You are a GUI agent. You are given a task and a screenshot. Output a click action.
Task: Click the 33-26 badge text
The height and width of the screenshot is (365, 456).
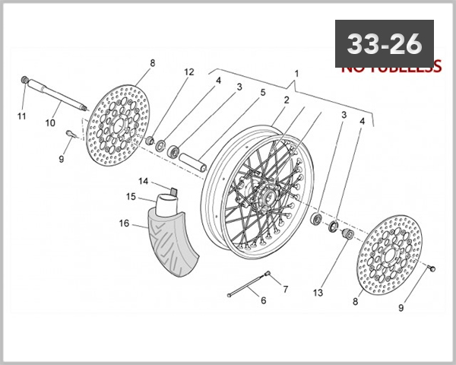(384, 44)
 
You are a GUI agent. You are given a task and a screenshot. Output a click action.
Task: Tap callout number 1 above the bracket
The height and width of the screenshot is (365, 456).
(296, 74)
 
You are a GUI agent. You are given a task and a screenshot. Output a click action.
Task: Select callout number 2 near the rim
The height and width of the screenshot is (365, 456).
(287, 100)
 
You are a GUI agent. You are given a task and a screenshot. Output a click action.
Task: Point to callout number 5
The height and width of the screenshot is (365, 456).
(263, 93)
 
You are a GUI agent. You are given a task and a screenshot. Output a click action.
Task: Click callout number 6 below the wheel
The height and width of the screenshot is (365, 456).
(263, 300)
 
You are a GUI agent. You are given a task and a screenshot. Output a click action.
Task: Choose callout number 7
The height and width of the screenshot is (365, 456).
(286, 289)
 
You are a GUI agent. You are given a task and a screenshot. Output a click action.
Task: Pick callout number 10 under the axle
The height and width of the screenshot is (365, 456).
(50, 122)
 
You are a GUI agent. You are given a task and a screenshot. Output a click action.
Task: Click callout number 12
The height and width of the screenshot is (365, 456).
(189, 72)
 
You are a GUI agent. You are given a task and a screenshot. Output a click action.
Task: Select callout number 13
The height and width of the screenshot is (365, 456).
(318, 292)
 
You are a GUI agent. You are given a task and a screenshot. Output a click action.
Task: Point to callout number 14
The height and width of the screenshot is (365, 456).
(142, 180)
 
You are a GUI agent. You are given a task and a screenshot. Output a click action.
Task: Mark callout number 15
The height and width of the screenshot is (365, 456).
(131, 196)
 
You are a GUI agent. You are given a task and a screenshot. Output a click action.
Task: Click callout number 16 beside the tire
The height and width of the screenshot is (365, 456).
(124, 224)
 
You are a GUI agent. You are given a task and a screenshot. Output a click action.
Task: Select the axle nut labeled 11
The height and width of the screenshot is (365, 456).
(26, 79)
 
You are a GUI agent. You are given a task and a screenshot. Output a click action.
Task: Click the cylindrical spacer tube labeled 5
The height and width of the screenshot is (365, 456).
(194, 163)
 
